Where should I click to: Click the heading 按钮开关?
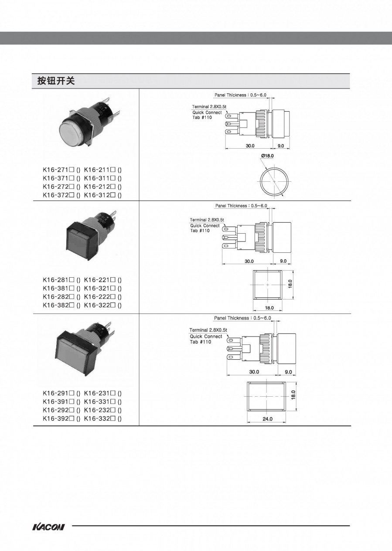pyautogui.click(x=56, y=81)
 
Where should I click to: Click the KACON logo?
pyautogui.click(x=48, y=527)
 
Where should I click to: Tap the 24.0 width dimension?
pyautogui.click(x=267, y=419)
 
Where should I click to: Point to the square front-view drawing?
pyautogui.click(x=267, y=285)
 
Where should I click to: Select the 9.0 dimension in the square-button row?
pyautogui.click(x=283, y=261)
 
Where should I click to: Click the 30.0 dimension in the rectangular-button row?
pyautogui.click(x=254, y=372)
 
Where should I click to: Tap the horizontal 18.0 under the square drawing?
pyautogui.click(x=269, y=308)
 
